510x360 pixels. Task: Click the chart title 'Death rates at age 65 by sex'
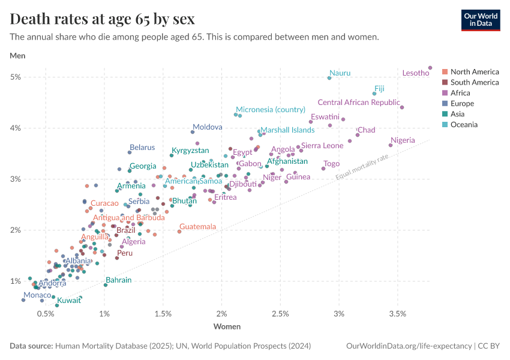tap(102, 19)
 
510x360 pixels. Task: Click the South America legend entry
tap(474, 82)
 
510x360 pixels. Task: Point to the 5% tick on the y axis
tap(16, 77)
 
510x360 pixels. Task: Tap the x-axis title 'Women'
tap(227, 327)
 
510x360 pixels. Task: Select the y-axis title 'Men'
tap(17, 56)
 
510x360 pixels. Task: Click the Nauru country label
tap(340, 73)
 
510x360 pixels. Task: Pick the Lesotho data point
tap(430, 68)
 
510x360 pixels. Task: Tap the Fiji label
tap(379, 88)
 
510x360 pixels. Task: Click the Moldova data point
tap(193, 132)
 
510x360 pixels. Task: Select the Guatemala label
tap(197, 227)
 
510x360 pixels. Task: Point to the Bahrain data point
tap(106, 284)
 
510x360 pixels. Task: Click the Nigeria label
tap(402, 140)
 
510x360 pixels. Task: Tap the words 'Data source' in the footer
tap(31, 346)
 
